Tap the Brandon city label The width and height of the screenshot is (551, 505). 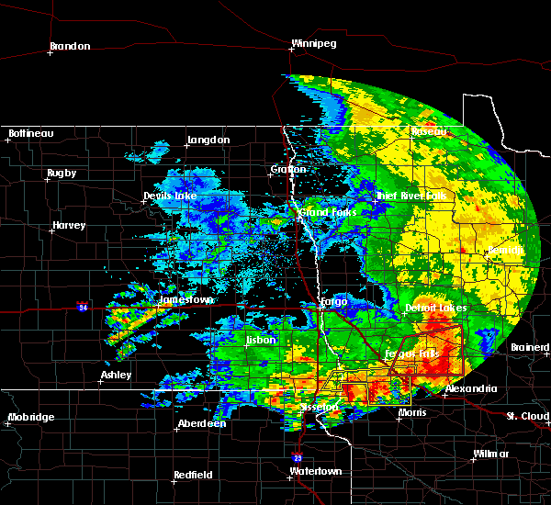click(x=70, y=46)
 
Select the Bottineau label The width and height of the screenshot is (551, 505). click(x=30, y=134)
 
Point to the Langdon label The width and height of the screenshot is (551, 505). click(x=208, y=140)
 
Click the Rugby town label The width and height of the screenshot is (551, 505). click(x=62, y=173)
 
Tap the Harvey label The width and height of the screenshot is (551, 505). click(x=69, y=225)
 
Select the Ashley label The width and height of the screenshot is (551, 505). click(x=116, y=375)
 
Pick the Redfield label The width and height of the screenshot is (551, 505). click(x=194, y=475)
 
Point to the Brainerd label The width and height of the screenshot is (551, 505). click(x=530, y=348)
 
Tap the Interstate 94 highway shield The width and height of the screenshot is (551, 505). click(x=83, y=307)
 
